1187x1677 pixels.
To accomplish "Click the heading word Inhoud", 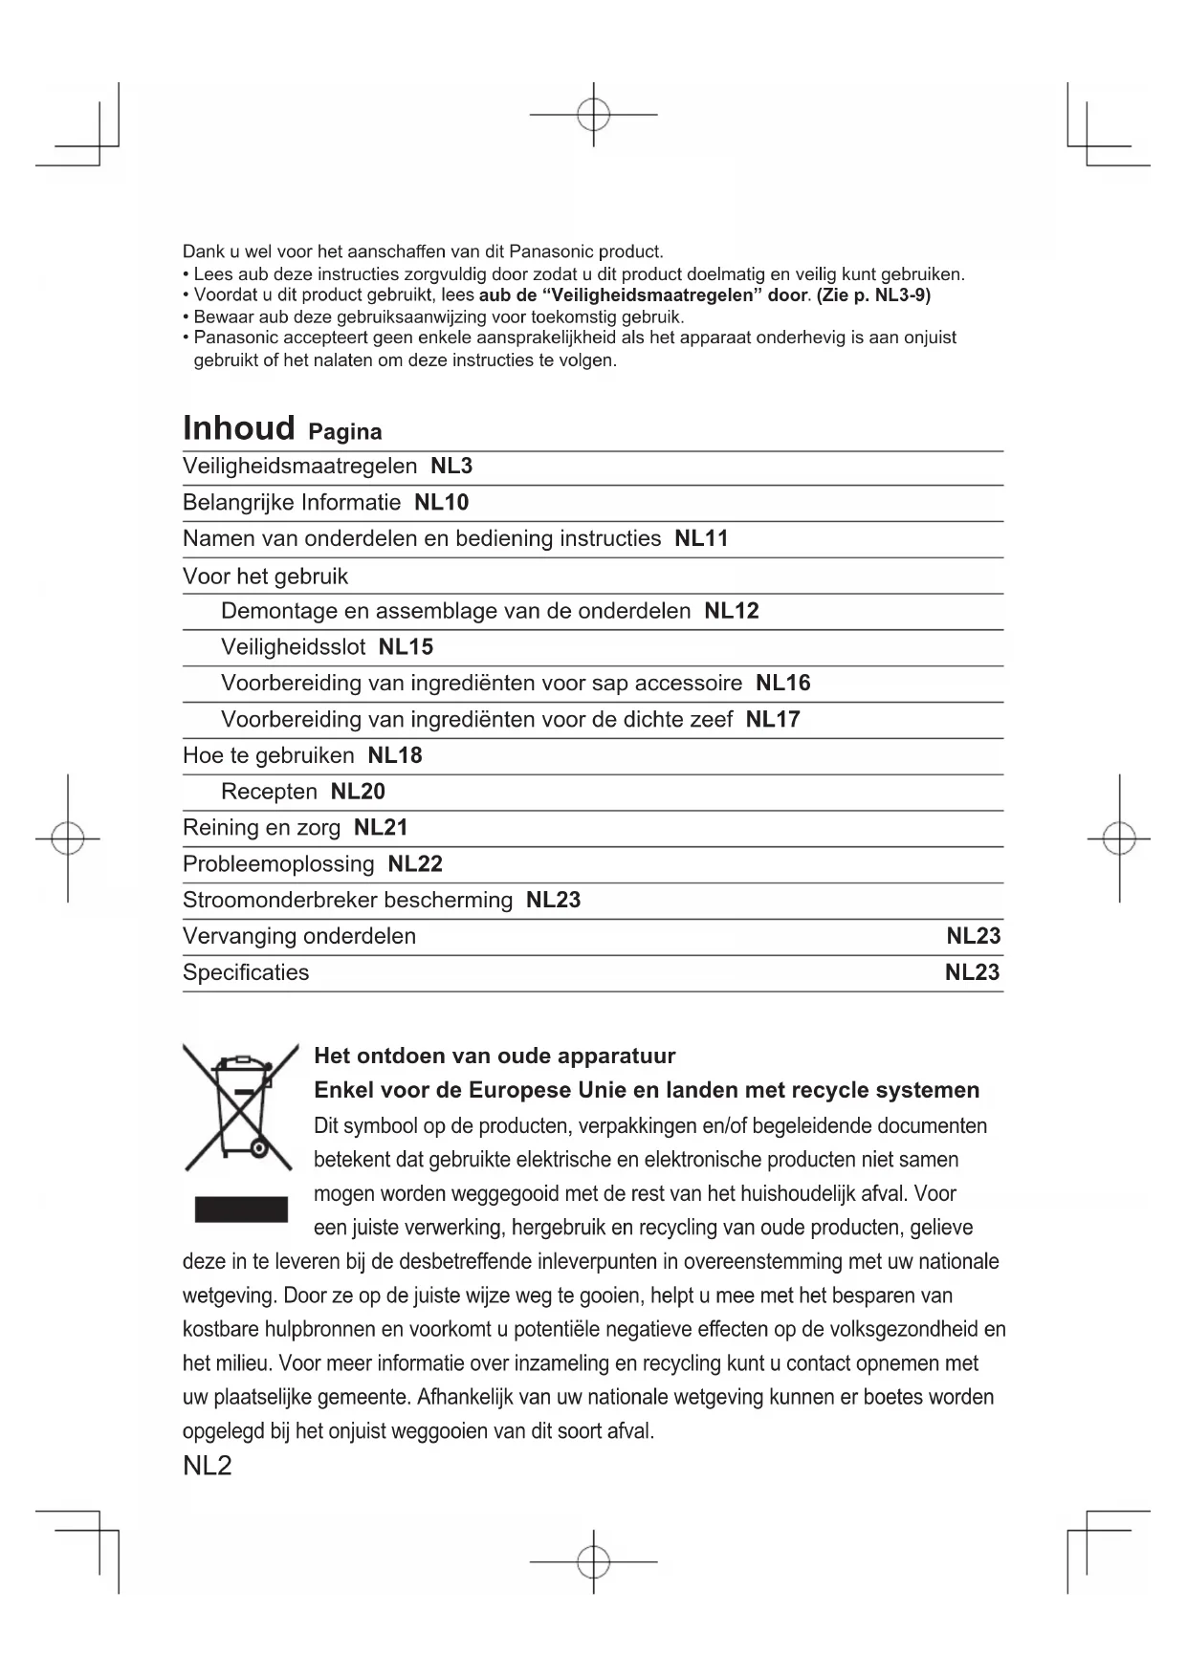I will [x=238, y=428].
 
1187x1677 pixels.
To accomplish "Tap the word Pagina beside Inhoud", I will [x=344, y=432].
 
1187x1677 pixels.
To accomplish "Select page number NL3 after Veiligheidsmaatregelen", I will [x=451, y=467].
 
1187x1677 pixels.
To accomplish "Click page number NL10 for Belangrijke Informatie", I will [x=441, y=503].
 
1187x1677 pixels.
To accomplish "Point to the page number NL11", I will [x=701, y=539].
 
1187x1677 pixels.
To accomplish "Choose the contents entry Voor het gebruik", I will [x=265, y=577].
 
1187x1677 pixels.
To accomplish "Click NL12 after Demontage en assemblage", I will [x=731, y=612].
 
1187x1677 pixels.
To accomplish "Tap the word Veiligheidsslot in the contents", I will [x=293, y=647].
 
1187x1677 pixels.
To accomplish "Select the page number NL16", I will [x=782, y=684].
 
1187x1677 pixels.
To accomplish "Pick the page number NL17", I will [x=773, y=720].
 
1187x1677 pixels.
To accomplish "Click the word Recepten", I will [x=269, y=792].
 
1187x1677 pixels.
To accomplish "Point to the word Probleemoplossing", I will [x=278, y=864].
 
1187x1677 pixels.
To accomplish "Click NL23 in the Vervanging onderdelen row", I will [x=973, y=936].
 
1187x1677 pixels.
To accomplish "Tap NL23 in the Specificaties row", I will [x=972, y=972].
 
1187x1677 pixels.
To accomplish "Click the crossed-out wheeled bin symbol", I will [x=239, y=1108].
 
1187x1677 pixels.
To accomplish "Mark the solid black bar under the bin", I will [x=241, y=1209].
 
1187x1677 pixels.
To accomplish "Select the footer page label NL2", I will [x=207, y=1466].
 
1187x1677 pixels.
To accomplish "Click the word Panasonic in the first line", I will [x=550, y=252].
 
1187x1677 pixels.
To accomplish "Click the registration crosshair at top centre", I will [x=593, y=115].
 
